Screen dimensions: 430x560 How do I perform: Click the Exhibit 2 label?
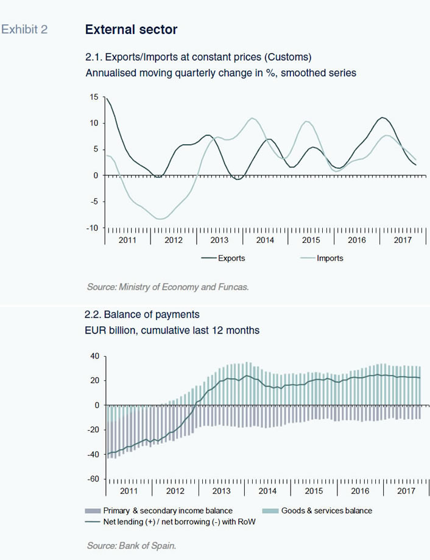pos(24,29)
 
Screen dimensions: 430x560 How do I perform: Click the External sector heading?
pos(131,29)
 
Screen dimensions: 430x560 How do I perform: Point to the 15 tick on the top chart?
pos(94,97)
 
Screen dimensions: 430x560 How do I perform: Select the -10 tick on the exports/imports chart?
pos(92,228)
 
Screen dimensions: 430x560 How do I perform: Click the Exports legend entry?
pos(223,258)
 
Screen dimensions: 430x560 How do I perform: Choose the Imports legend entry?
pos(322,258)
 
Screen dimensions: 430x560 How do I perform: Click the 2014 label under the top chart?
pos(265,240)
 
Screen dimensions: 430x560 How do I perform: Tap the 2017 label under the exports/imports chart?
pos(403,240)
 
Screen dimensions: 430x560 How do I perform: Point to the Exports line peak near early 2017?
pos(382,117)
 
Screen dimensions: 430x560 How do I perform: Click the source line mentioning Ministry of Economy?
pos(167,287)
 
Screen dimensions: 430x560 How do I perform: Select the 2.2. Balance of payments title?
pos(142,314)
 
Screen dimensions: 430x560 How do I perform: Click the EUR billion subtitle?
pos(172,330)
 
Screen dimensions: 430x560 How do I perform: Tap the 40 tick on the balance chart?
pos(95,356)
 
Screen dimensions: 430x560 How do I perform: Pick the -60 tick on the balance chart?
pos(93,478)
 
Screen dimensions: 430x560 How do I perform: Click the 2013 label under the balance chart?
pos(221,491)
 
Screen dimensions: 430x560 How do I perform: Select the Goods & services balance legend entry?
pos(317,511)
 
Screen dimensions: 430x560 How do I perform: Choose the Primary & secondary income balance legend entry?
pos(159,511)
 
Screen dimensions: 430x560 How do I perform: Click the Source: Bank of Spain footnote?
pos(132,546)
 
